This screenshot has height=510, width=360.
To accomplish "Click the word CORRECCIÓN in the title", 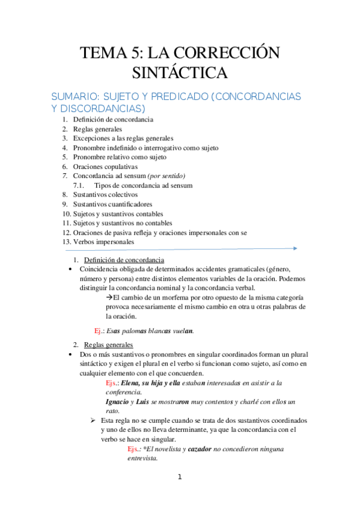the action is (228, 54).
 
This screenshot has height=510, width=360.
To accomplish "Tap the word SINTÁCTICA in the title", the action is (180, 74).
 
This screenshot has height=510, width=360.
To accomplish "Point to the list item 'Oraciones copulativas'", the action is (105, 167).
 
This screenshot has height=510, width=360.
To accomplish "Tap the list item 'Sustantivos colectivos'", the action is (105, 195).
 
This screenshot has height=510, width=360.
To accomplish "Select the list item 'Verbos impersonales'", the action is (103, 242).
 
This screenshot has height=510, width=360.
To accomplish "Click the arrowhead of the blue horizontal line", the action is (294, 248).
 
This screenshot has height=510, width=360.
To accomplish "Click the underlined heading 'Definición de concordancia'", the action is (123, 259).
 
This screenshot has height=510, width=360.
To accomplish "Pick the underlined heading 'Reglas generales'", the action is (109, 345).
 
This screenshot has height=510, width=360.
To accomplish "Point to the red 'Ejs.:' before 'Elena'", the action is (111, 382).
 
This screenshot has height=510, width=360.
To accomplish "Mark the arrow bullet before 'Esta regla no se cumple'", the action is (93, 420).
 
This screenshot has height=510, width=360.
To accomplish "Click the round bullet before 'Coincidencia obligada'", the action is (72, 269).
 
